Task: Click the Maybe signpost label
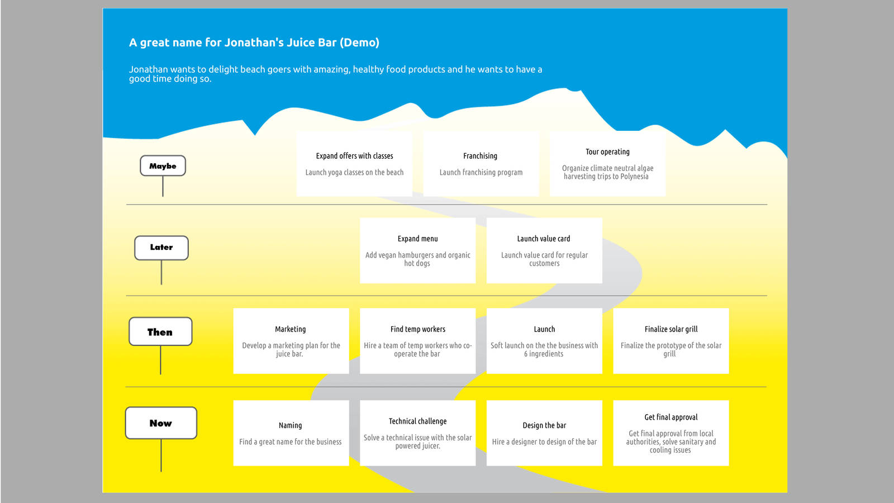[163, 165]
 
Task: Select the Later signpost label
[161, 248]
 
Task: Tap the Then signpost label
[160, 332]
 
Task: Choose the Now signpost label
[161, 423]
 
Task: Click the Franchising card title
[480, 156]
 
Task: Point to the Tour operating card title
[607, 151]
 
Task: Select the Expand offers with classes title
[354, 156]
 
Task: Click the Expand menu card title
[417, 239]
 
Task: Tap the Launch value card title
[544, 239]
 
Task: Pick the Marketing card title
[290, 329]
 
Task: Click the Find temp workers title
[417, 329]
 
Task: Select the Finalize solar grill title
[671, 329]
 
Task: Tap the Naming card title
[290, 425]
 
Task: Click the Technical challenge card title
[417, 421]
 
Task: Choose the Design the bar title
[544, 425]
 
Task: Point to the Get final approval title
[671, 417]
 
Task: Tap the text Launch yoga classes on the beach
[354, 173]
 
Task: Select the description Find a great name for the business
[290, 442]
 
